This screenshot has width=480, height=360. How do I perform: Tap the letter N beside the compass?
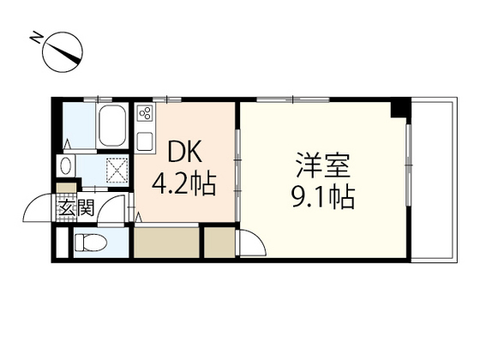(36, 37)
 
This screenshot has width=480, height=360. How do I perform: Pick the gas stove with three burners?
(144, 116)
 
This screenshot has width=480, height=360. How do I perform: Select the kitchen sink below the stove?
(144, 138)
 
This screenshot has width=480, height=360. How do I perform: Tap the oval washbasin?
(67, 165)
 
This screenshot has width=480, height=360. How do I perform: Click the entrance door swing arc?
(39, 210)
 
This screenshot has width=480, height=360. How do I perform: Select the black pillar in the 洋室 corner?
(397, 109)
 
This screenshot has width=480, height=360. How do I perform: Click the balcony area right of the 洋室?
(433, 180)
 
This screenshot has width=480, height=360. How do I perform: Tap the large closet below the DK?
(167, 243)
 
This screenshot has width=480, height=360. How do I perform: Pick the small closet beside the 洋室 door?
(219, 243)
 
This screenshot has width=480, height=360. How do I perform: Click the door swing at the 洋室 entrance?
(251, 245)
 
